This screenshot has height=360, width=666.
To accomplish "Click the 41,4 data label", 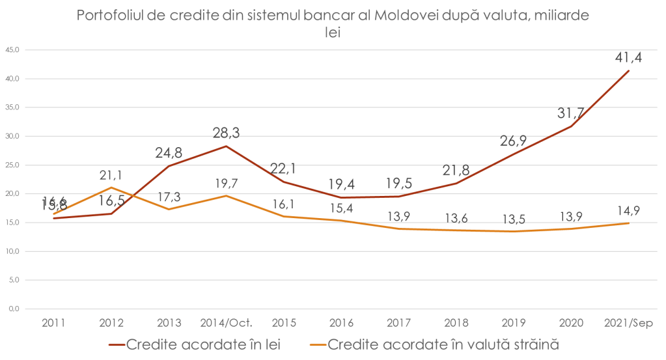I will (x=628, y=58).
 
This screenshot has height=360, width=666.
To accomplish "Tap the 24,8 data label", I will (x=169, y=153).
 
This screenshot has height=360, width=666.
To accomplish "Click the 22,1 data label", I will (x=283, y=169).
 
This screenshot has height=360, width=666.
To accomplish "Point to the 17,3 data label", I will (x=169, y=195).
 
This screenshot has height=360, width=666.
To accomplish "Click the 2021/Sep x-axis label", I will (x=628, y=322).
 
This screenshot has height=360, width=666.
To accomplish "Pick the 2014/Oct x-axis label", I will (x=226, y=322).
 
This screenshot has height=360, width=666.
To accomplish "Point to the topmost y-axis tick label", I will (x=13, y=50).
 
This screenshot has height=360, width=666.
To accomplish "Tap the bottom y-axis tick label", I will (x=13, y=309).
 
